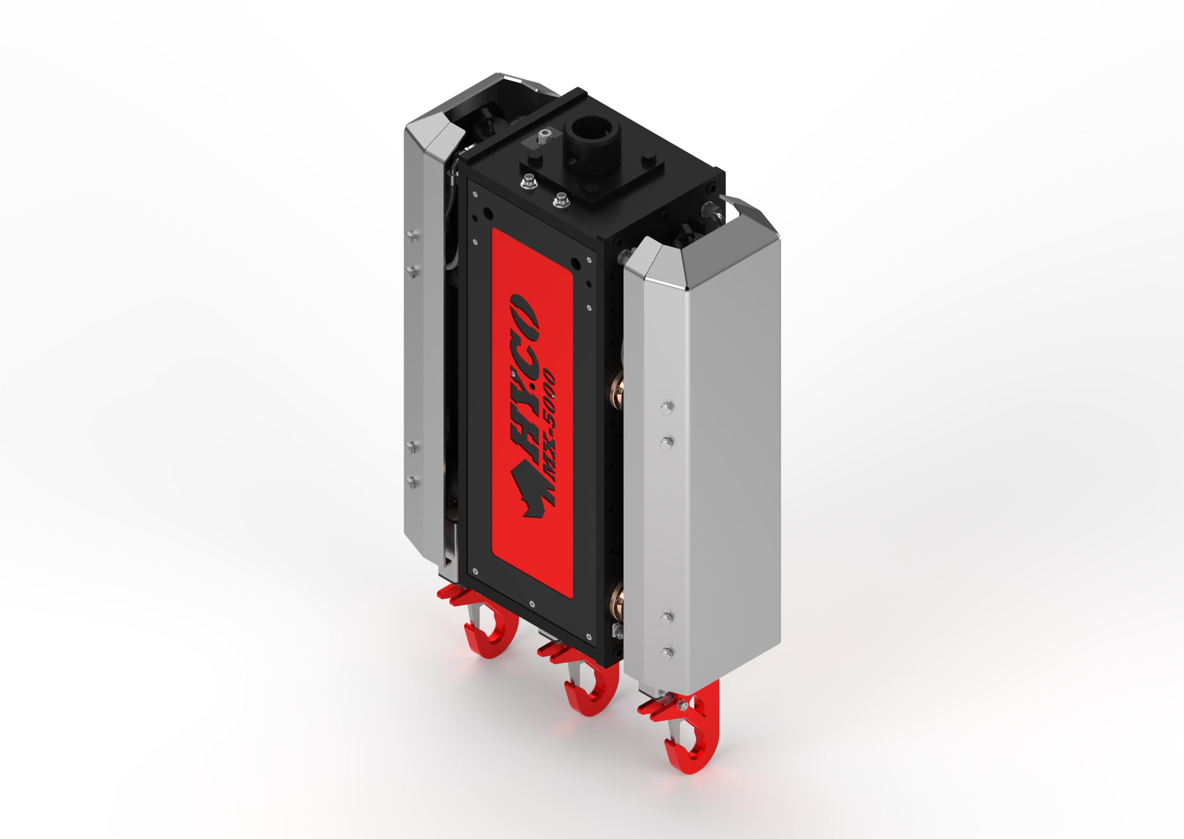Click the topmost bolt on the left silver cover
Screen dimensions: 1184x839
(410, 236)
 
